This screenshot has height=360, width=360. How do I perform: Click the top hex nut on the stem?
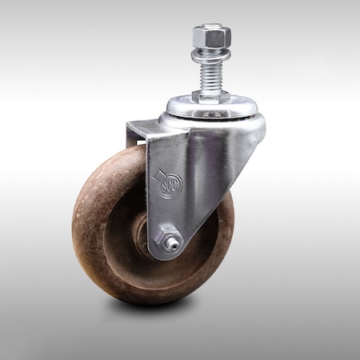[211, 36]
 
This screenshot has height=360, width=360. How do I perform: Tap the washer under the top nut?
[211, 54]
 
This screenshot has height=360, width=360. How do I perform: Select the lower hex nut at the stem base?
[211, 96]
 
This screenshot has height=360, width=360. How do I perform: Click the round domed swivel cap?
[212, 107]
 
